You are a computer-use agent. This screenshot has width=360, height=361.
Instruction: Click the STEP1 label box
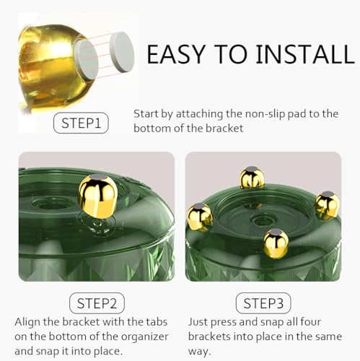pos(81,123)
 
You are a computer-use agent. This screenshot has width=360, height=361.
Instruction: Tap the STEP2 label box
pos(97,303)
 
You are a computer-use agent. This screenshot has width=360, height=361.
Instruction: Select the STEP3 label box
pos(263,303)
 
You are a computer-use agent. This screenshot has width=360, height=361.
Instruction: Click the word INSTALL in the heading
pos(305,54)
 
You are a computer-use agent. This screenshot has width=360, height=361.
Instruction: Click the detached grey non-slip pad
pos(122,51)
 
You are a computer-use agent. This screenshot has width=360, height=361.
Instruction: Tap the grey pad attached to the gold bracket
pos(87,59)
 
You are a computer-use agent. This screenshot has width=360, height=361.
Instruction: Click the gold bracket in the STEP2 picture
pos(98,196)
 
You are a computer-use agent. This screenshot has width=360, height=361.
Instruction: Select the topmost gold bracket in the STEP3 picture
pos(252,178)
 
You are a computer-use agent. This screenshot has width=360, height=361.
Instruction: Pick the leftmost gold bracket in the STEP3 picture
pos(200,217)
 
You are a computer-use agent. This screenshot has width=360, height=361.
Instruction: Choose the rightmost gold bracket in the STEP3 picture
pos(328,205)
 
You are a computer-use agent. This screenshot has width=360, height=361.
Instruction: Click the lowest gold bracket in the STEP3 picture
pos(276,244)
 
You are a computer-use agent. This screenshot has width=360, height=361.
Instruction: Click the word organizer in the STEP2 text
pos(145,336)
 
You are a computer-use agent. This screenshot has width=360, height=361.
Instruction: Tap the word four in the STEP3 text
pos(310,322)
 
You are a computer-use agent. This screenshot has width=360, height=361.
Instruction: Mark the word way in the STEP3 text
pos(199,352)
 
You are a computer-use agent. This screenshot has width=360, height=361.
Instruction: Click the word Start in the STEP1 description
pos(146,114)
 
